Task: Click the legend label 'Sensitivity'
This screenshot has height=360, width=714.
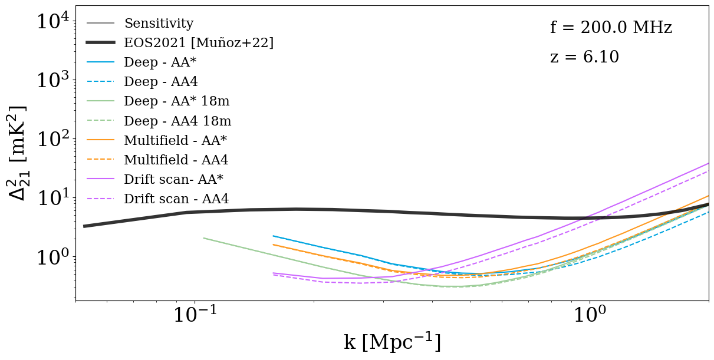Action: click(159, 23)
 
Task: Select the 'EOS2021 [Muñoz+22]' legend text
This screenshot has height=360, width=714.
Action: click(199, 42)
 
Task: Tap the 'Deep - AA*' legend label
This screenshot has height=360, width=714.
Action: click(160, 62)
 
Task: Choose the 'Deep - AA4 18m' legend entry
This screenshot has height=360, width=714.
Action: click(177, 121)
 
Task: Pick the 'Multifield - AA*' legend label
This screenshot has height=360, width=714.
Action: click(175, 140)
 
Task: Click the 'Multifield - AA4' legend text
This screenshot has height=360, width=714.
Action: click(176, 160)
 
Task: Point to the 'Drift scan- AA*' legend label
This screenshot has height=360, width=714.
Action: click(173, 179)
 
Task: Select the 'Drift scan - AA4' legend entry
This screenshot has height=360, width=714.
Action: click(176, 199)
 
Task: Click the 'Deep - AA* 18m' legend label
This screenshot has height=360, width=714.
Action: click(177, 101)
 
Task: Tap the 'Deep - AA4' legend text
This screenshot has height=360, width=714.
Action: click(160, 82)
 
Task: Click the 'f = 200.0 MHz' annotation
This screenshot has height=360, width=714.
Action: click(611, 28)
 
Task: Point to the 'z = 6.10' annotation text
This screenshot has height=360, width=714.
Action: click(584, 57)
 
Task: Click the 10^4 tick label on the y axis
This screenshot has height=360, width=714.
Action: click(52, 22)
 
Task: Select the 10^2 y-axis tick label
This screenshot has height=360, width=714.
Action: click(52, 139)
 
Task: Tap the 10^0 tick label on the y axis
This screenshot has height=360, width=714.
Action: click(52, 257)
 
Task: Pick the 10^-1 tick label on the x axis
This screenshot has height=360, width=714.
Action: click(195, 315)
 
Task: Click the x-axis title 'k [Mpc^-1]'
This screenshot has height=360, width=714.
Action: click(392, 342)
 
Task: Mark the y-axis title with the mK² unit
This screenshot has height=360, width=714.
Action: click(18, 153)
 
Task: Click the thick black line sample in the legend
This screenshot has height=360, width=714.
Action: click(100, 42)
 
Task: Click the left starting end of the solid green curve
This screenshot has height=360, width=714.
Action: click(203, 238)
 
